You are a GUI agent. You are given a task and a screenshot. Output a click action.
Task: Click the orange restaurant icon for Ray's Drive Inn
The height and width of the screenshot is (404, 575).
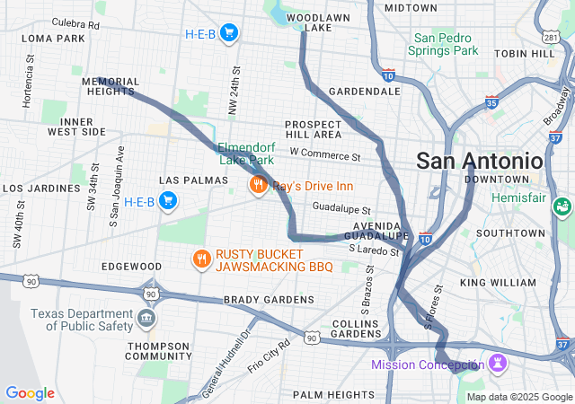tap(258, 186)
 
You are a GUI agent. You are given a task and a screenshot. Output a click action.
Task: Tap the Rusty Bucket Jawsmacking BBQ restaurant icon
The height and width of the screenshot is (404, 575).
tap(201, 259)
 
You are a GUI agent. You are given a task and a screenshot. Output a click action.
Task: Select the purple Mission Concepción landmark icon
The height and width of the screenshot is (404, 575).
tap(495, 363)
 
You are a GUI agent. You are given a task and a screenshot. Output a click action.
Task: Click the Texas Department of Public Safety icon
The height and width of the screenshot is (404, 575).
tap(146, 319)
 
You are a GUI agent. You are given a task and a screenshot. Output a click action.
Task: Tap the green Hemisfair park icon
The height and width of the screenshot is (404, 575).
tap(562, 206)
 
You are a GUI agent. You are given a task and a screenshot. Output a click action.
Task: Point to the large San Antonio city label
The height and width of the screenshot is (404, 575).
tap(479, 161)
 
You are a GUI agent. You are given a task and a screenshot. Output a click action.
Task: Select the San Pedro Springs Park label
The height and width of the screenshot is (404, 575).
tap(447, 45)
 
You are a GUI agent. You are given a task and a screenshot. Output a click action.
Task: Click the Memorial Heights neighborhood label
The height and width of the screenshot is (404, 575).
tap(110, 86)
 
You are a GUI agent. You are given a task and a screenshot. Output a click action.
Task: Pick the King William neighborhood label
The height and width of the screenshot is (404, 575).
tap(498, 282)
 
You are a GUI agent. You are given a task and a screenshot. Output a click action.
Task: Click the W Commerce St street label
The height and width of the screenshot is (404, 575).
tap(323, 154)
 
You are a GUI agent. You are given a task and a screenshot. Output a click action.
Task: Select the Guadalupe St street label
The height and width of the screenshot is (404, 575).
tap(341, 207)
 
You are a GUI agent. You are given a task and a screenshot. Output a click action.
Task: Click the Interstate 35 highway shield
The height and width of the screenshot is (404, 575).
tap(491, 102)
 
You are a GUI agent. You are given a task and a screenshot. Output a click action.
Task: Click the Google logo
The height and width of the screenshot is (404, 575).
tap(30, 393)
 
